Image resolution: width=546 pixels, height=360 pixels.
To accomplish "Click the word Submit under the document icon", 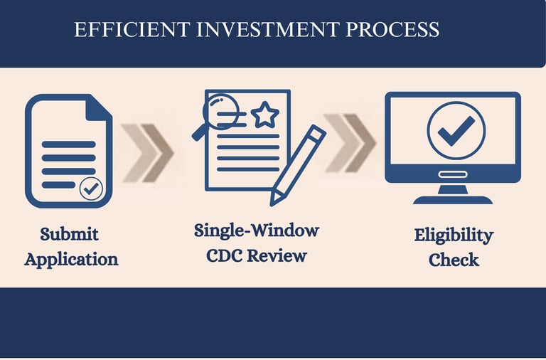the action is point(69,233).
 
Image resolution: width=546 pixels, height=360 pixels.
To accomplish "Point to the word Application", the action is point(71,259).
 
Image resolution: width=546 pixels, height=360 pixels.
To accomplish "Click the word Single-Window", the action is point(257,231).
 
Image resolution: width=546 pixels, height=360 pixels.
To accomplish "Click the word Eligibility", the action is point(454,235).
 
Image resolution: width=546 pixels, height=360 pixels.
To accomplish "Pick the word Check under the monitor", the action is point(454,260).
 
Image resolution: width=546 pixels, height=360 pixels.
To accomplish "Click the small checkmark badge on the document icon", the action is point(91,188).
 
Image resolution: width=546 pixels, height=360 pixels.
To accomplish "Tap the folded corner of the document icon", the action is point(98,108).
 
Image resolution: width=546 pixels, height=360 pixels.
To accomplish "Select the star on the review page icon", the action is point(265,114).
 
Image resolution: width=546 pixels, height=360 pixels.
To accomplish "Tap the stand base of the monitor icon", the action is point(453,200).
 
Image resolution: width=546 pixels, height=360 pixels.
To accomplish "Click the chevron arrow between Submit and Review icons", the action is point(148,152).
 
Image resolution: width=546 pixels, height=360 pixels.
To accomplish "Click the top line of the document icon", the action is point(68,144).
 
